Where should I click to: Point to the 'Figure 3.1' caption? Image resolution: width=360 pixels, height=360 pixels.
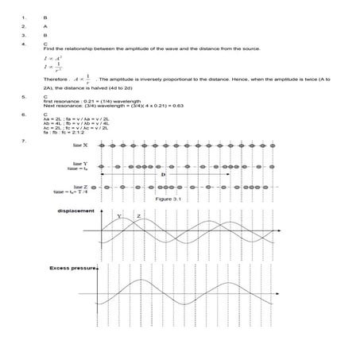coord(168,199)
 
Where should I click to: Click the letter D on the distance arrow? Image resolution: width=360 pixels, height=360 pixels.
coord(162,173)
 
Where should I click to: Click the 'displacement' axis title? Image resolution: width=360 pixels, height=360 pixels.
coord(76,211)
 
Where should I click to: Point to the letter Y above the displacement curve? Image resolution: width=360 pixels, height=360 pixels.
coord(119,215)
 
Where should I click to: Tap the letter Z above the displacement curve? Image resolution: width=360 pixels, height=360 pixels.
coord(138,215)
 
